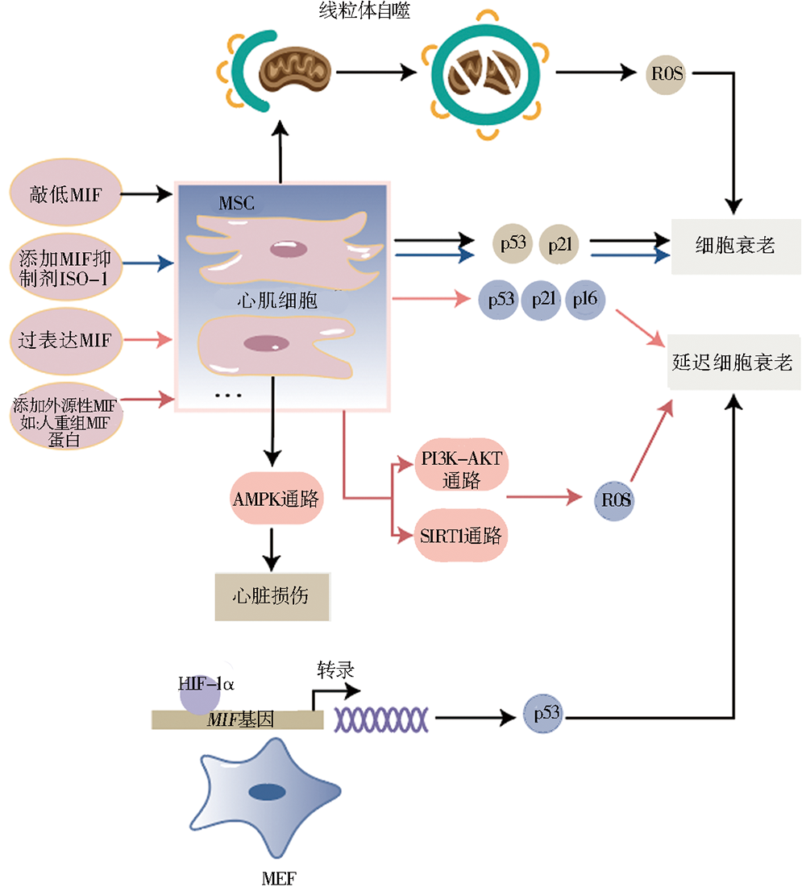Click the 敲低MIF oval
[64, 193]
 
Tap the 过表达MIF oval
[64, 340]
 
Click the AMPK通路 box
[275, 499]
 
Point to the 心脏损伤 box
[271, 597]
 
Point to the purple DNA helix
[381, 715]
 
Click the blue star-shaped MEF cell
[267, 794]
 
